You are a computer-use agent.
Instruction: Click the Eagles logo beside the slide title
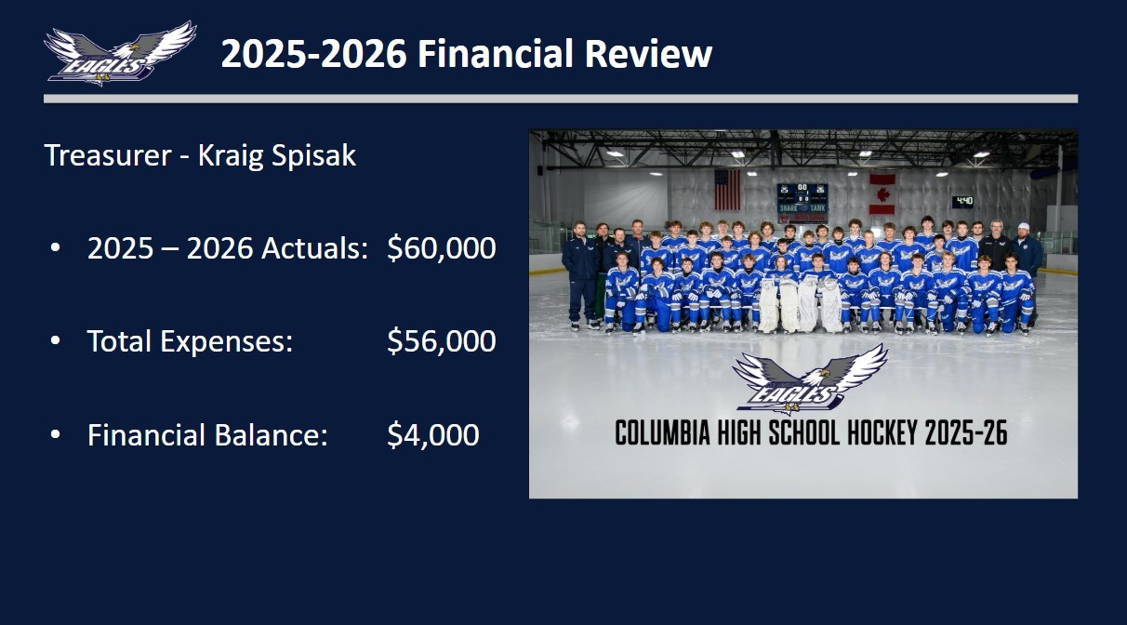(x=120, y=53)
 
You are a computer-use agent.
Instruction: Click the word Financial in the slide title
(x=495, y=53)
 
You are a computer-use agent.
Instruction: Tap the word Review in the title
(x=648, y=53)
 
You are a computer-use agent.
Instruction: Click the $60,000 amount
(x=442, y=248)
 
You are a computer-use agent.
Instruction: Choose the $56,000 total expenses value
(x=442, y=341)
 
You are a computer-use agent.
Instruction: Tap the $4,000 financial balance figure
(x=432, y=434)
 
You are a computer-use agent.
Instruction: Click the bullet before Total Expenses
(x=56, y=341)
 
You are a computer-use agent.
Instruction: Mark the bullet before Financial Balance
(x=56, y=434)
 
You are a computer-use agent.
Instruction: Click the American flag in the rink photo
(x=727, y=190)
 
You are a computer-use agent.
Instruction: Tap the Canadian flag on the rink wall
(x=882, y=194)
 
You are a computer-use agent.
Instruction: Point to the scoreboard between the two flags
(x=802, y=204)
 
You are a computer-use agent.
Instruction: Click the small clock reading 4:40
(x=963, y=202)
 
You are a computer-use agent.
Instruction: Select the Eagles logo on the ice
(x=810, y=378)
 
